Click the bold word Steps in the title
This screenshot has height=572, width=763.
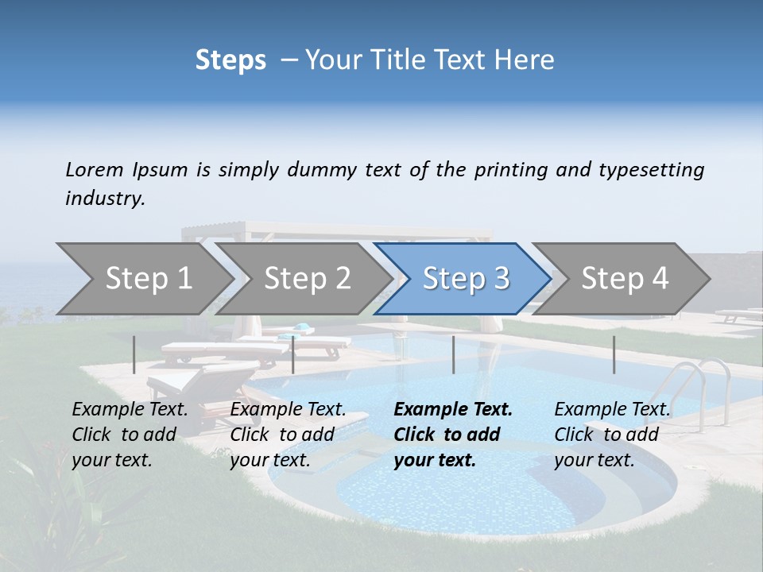230,60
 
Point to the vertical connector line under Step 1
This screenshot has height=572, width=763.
134,354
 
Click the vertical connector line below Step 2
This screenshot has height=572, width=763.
293,354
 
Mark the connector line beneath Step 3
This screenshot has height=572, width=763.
453,354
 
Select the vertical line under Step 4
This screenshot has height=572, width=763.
614,354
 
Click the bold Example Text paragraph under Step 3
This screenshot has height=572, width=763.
453,435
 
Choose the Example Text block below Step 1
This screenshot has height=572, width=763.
130,435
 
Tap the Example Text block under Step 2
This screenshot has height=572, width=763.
288,435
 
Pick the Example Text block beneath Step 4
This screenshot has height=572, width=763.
612,435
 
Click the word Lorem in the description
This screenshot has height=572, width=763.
95,169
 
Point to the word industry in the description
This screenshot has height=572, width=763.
105,199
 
